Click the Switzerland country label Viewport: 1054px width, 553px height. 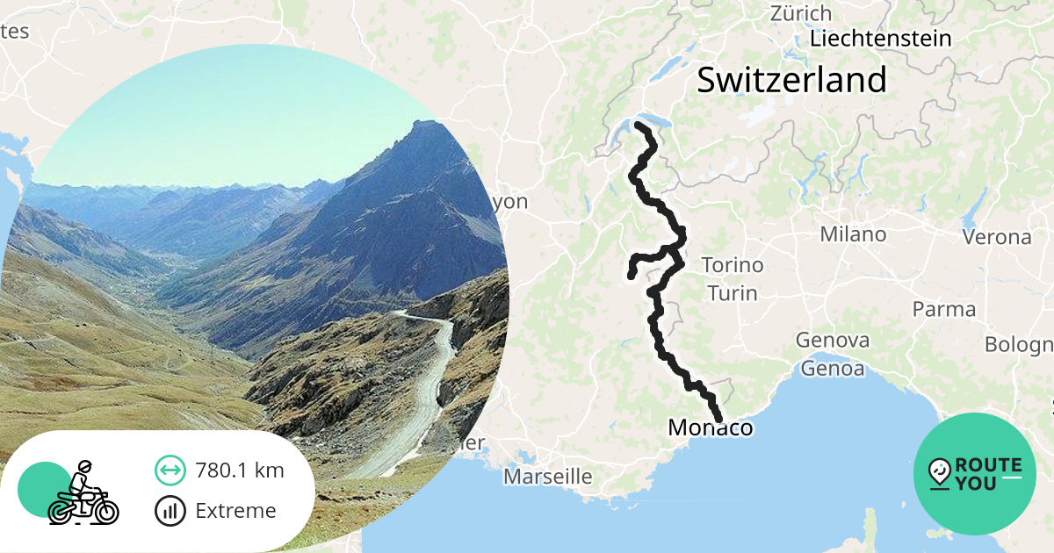click(x=791, y=80)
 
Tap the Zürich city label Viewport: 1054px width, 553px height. click(x=800, y=13)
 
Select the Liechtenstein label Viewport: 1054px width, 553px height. click(x=881, y=39)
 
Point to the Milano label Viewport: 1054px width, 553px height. click(x=853, y=234)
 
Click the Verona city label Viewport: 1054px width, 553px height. click(x=997, y=237)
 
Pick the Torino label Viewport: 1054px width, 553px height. click(x=733, y=265)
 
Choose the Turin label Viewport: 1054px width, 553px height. click(x=732, y=292)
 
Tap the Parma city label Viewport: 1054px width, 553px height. click(x=944, y=309)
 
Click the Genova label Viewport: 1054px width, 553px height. click(x=833, y=340)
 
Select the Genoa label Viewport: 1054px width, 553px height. click(x=831, y=369)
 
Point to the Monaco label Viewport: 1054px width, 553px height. click(x=711, y=427)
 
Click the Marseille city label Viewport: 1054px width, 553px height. click(x=547, y=478)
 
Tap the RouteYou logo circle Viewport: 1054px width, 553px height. click(x=975, y=474)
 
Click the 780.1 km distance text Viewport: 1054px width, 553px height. click(x=240, y=470)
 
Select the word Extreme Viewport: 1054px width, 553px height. click(x=235, y=511)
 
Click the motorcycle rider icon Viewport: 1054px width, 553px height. click(x=82, y=494)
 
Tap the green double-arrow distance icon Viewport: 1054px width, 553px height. click(x=170, y=470)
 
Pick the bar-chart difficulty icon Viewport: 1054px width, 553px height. click(x=170, y=511)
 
